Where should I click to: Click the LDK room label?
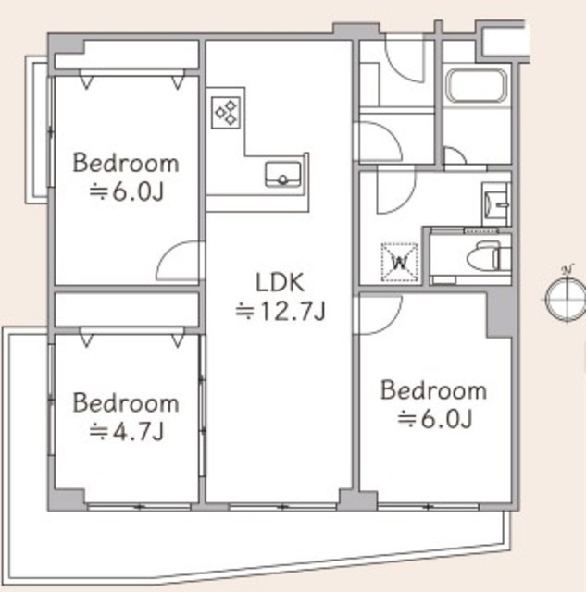(x=280, y=282)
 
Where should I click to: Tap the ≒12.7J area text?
(x=280, y=312)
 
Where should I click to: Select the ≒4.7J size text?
(x=126, y=432)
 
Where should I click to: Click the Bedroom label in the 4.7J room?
(x=126, y=403)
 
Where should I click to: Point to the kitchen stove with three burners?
(x=226, y=113)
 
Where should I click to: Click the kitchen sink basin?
(x=283, y=175)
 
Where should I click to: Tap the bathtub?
(x=476, y=86)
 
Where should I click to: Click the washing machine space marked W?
(x=400, y=262)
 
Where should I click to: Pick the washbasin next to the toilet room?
(x=496, y=203)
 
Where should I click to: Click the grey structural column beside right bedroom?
(x=500, y=313)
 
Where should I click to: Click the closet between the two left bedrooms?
(x=127, y=310)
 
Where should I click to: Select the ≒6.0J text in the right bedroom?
(x=434, y=419)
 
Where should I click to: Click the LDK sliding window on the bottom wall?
(x=282, y=507)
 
